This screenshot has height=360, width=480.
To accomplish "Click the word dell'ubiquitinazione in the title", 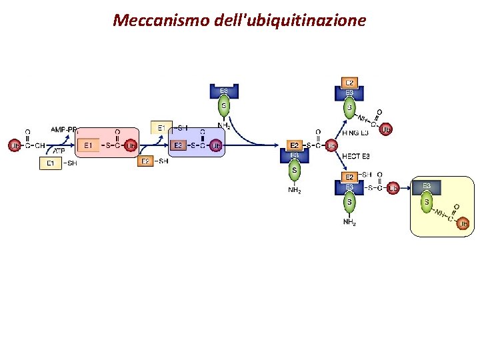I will (291, 20).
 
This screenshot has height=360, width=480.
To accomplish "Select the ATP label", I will (59, 151).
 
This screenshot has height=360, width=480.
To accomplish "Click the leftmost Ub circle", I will (14, 145).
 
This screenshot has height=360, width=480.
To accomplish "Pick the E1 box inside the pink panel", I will (89, 145).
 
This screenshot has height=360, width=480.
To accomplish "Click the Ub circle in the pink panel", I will (131, 145).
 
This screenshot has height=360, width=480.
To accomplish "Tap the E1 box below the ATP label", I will (51, 163).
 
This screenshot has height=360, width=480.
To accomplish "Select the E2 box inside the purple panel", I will (178, 145).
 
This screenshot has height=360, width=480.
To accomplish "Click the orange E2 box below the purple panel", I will (145, 161).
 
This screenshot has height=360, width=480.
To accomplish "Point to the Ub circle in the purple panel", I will (216, 145).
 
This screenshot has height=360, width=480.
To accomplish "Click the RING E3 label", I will (355, 133).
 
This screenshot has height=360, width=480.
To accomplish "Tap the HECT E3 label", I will (355, 156).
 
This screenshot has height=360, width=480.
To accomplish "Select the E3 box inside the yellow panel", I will (427, 185).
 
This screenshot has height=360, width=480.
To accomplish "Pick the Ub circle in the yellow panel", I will (464, 224).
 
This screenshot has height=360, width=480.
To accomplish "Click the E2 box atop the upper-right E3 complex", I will (349, 83).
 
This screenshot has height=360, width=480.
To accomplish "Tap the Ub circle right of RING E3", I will (386, 129).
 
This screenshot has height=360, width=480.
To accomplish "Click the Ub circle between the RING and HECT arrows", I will (331, 145).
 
